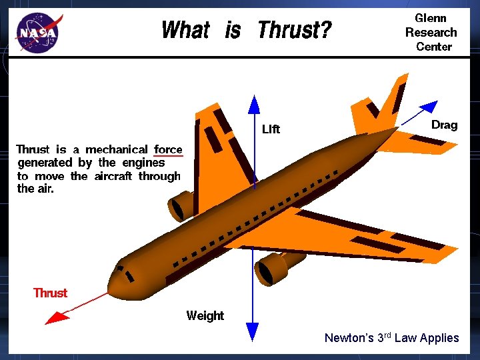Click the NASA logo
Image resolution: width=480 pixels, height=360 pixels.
39,32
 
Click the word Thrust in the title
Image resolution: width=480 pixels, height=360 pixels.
293,30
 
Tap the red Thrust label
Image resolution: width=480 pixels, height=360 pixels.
51,293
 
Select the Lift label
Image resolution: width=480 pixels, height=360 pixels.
271,129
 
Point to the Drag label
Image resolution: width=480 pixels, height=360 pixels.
444,125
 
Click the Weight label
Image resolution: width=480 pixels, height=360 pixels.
205,315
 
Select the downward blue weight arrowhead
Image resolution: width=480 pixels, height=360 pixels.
252,329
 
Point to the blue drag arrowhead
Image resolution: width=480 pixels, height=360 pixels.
430,105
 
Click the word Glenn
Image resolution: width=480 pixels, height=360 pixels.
431,18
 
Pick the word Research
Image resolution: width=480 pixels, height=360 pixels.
431,32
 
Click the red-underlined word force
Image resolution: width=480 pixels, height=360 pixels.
168,149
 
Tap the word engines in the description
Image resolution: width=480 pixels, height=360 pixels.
142,163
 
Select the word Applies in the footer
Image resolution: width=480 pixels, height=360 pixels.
437,337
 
